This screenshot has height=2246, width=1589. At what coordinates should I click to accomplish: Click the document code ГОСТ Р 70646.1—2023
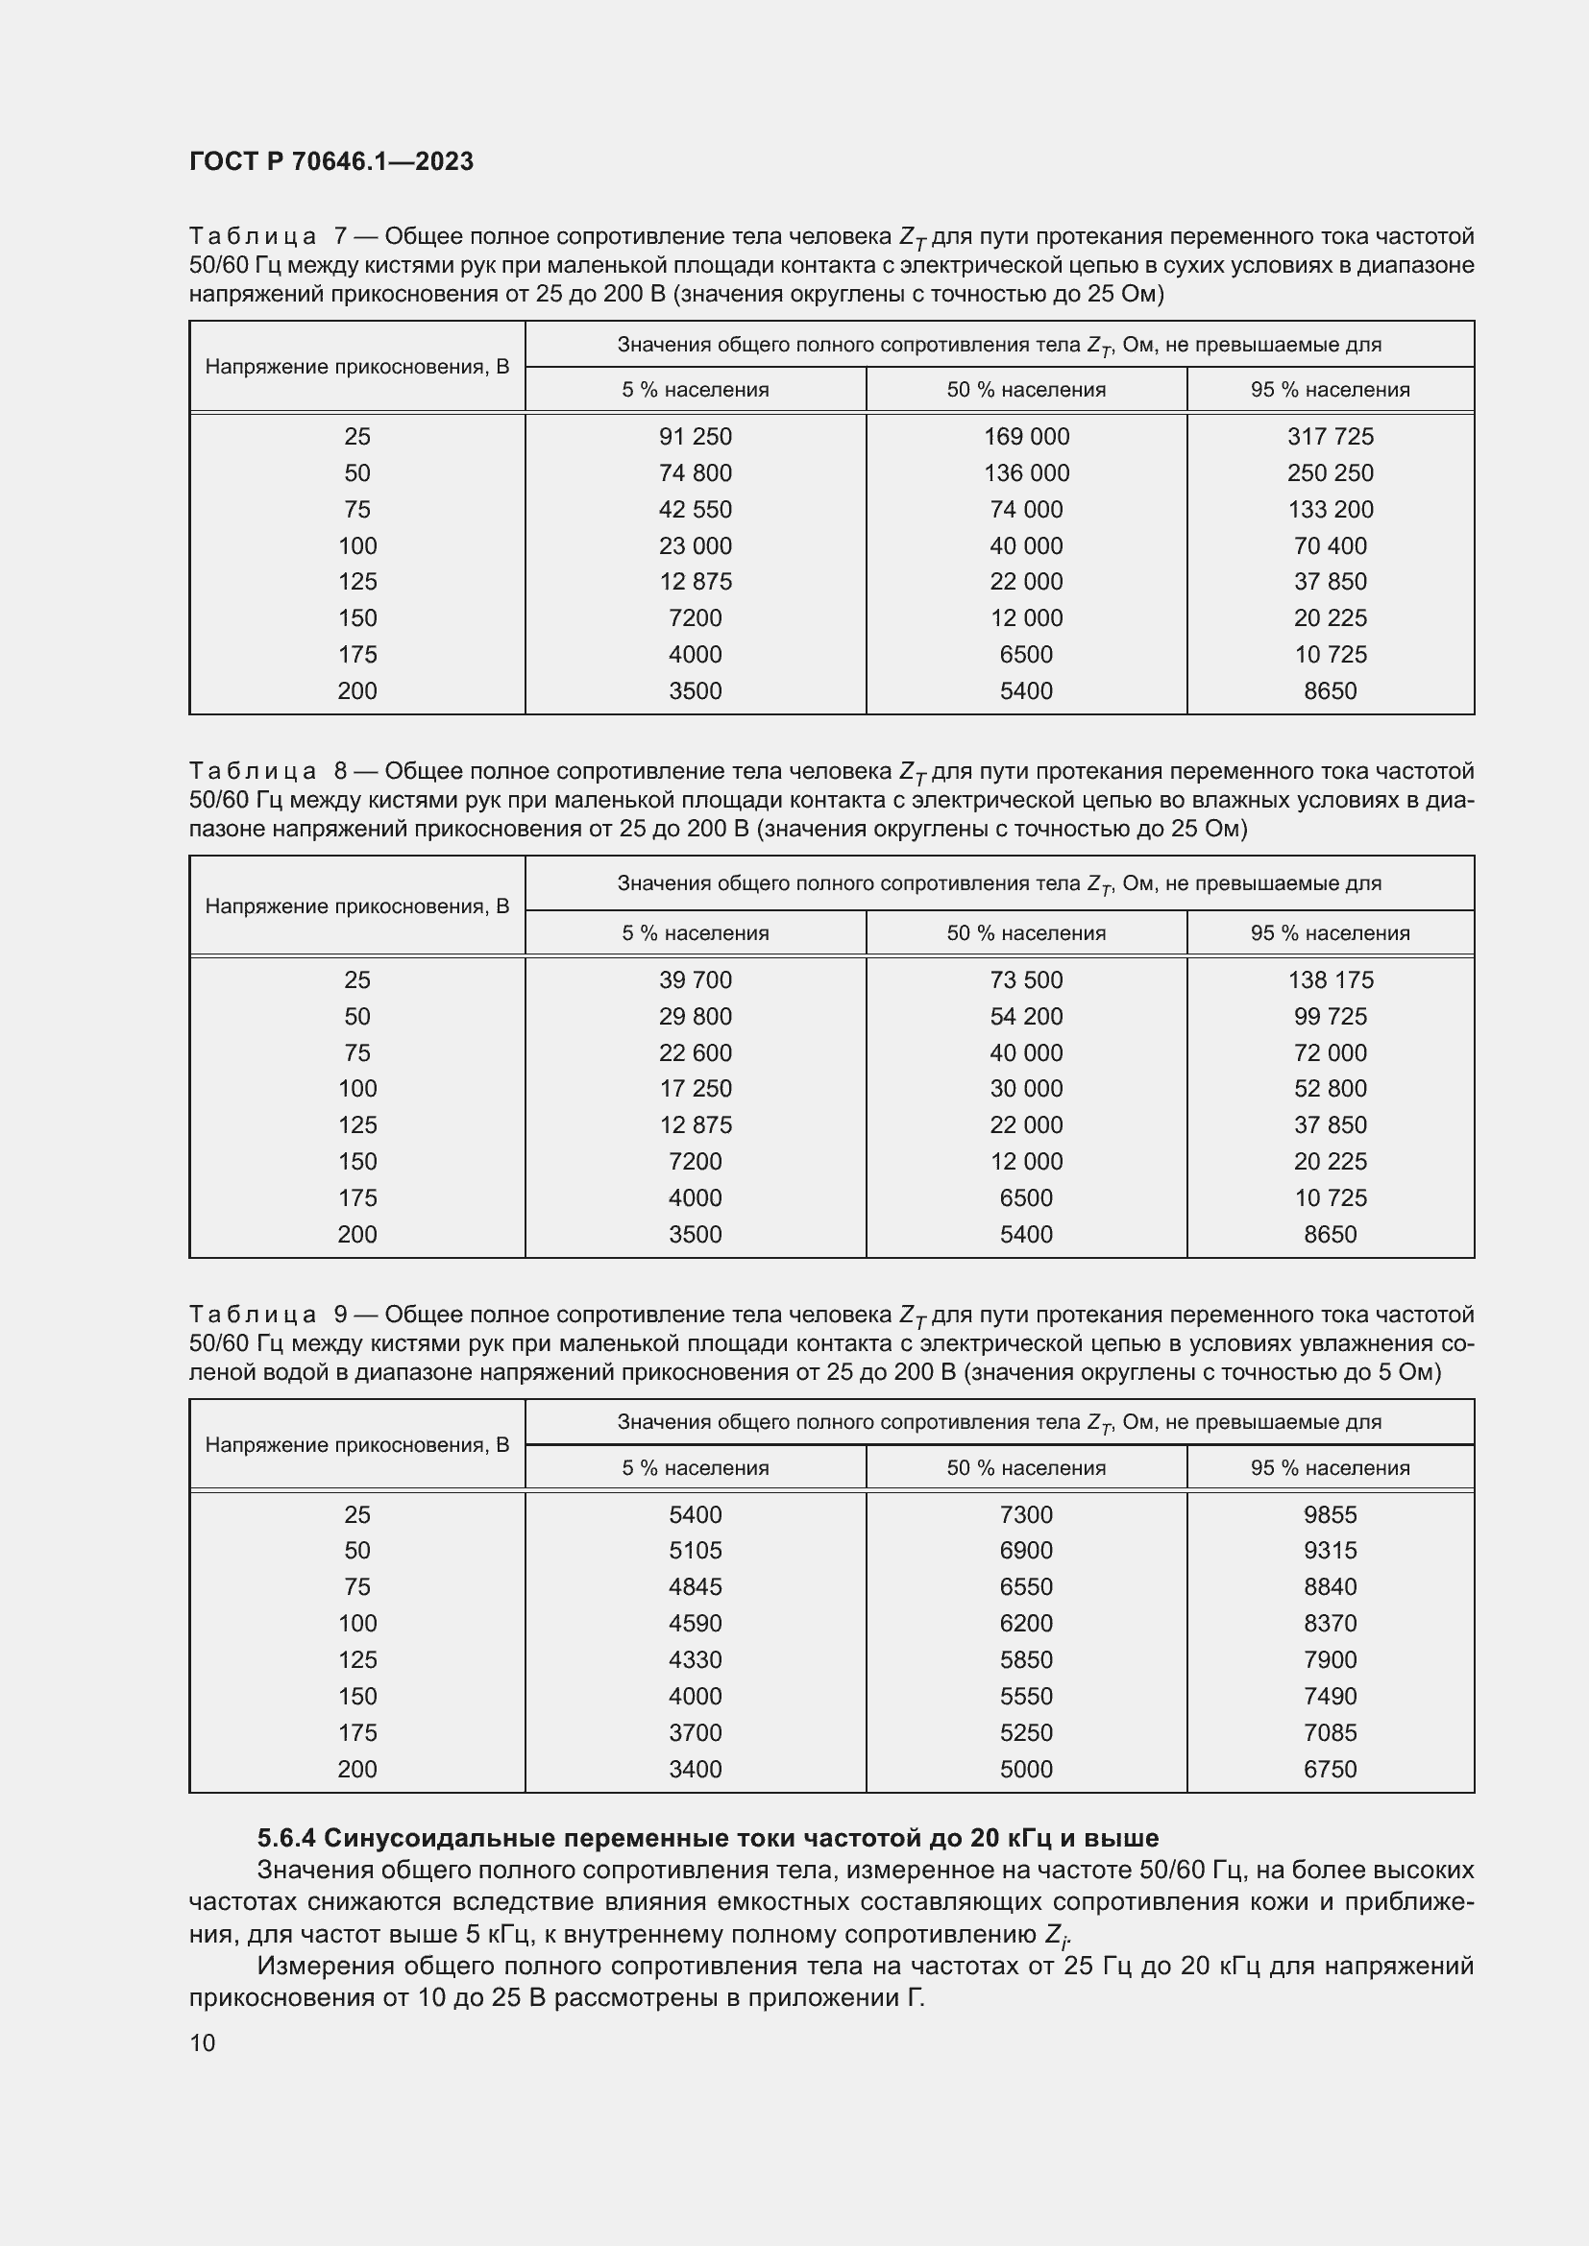(x=330, y=161)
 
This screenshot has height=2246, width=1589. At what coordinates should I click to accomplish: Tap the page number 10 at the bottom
(x=203, y=2042)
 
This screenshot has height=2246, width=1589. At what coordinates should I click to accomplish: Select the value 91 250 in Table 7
(x=695, y=436)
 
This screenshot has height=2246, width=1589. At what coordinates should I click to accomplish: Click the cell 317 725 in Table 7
(x=1330, y=436)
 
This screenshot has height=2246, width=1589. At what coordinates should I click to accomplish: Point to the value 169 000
(x=1025, y=436)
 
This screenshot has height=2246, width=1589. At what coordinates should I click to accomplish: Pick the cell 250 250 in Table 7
(x=1330, y=472)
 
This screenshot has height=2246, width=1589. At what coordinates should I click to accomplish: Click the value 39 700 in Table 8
(x=695, y=979)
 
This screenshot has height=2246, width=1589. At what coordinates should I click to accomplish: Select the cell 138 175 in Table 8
(x=1330, y=979)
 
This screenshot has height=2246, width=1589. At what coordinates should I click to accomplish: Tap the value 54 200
(x=1025, y=1016)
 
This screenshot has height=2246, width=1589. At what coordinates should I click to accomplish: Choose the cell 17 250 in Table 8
(x=695, y=1088)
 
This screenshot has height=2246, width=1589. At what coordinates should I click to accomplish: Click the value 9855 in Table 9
(x=1330, y=1514)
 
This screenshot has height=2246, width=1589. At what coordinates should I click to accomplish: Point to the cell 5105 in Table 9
(x=695, y=1550)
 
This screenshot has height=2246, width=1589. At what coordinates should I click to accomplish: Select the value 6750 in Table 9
(x=1330, y=1769)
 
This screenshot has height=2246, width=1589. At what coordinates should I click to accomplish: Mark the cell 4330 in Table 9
(x=695, y=1659)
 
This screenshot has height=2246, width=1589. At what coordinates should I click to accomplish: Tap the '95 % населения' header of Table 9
(x=1330, y=1467)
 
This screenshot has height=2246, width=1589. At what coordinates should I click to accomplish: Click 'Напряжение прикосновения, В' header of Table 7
(x=357, y=367)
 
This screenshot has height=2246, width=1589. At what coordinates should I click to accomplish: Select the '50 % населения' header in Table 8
(x=1025, y=933)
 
